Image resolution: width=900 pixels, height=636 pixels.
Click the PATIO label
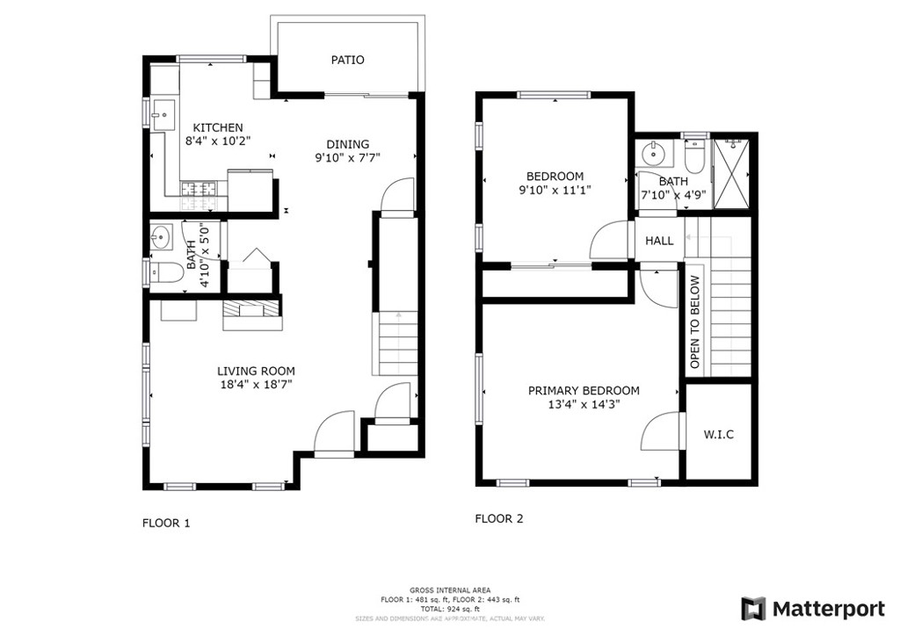click(347, 60)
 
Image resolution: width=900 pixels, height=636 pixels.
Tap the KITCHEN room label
click(218, 127)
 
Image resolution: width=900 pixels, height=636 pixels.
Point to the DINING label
click(347, 144)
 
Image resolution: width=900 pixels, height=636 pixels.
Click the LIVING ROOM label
click(256, 371)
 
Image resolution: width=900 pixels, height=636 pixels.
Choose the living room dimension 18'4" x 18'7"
click(256, 385)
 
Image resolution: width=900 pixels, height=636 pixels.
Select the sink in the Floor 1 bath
click(162, 236)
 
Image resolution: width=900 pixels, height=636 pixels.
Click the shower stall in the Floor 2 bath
click(730, 174)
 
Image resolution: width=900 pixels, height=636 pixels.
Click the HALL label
click(659, 241)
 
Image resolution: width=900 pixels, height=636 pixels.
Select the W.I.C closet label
click(719, 434)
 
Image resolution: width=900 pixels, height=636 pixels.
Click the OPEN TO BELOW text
click(695, 322)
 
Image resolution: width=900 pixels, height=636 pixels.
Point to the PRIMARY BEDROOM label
click(584, 391)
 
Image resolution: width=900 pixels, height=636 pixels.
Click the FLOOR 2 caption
click(499, 518)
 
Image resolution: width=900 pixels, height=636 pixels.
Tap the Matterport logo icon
click(753, 609)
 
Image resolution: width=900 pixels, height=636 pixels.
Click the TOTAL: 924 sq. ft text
click(450, 609)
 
